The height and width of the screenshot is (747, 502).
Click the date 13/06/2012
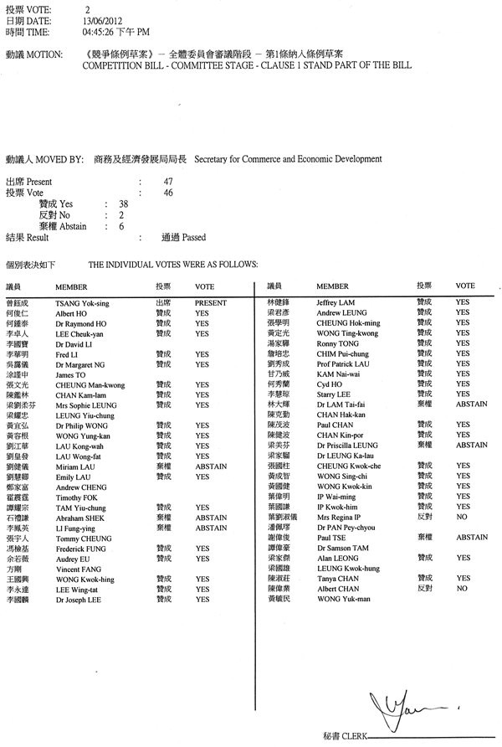(98, 21)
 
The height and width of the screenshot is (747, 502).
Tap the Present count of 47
(168, 182)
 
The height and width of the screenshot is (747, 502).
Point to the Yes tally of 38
(123, 203)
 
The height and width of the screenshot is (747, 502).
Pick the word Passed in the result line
(193, 238)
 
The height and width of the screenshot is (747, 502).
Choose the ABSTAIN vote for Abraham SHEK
(210, 518)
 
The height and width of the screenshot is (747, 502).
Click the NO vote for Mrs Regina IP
(461, 518)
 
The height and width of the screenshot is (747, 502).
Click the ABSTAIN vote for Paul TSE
(471, 538)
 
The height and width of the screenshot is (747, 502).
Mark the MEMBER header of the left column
(71, 286)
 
